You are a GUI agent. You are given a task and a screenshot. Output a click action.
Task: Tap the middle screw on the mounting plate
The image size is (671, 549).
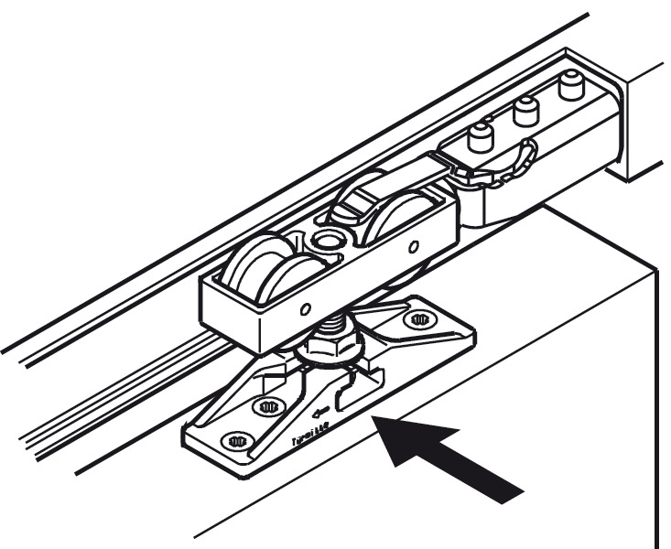[268, 405]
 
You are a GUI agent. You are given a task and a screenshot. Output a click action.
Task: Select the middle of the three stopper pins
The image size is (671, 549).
[525, 113]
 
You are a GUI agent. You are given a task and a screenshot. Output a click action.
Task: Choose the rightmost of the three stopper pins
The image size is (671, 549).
[572, 88]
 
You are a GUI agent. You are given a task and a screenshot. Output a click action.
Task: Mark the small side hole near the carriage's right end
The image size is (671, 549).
[416, 245]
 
